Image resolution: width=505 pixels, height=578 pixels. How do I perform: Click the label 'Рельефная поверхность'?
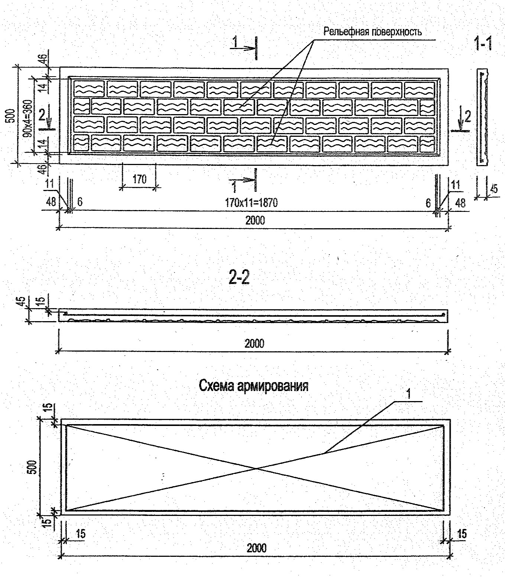click(372, 32)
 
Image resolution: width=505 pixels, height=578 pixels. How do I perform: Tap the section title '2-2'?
click(239, 277)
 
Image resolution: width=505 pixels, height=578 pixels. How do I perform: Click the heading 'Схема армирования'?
click(253, 386)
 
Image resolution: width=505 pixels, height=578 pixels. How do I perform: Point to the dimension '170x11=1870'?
click(251, 203)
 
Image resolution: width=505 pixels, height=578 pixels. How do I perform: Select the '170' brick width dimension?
click(139, 179)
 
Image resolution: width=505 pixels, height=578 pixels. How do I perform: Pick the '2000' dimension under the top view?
click(255, 220)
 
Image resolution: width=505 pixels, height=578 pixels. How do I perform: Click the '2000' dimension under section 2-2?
click(254, 343)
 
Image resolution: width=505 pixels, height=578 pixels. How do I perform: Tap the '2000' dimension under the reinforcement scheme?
click(256, 548)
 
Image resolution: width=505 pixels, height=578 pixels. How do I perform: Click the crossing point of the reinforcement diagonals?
click(256, 468)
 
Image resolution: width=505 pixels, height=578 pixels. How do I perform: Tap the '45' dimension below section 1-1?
click(493, 189)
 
